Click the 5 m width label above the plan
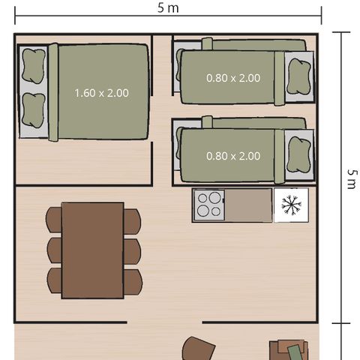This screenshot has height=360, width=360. pos(169,8)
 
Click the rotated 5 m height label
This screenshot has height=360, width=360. pos(351,178)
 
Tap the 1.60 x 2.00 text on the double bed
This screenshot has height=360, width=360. pos(101,93)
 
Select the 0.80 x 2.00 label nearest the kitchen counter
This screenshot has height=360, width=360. pos(233,156)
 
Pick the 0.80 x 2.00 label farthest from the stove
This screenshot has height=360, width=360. pos(233,77)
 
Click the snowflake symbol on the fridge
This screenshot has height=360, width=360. pos(291,205)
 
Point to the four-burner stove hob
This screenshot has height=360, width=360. pos(209,205)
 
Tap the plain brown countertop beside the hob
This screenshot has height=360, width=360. pos(249,205)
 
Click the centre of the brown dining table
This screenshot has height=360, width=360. pos(92,250)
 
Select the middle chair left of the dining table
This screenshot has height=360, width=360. pos(54,250)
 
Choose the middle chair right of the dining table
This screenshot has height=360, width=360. pos(132,250)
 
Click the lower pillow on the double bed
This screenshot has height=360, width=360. pos(33,110)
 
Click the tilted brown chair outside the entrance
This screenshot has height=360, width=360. pos(199,349)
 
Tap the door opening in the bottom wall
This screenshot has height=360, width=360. pos(165,323)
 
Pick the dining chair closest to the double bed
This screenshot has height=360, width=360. pos(54,220)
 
